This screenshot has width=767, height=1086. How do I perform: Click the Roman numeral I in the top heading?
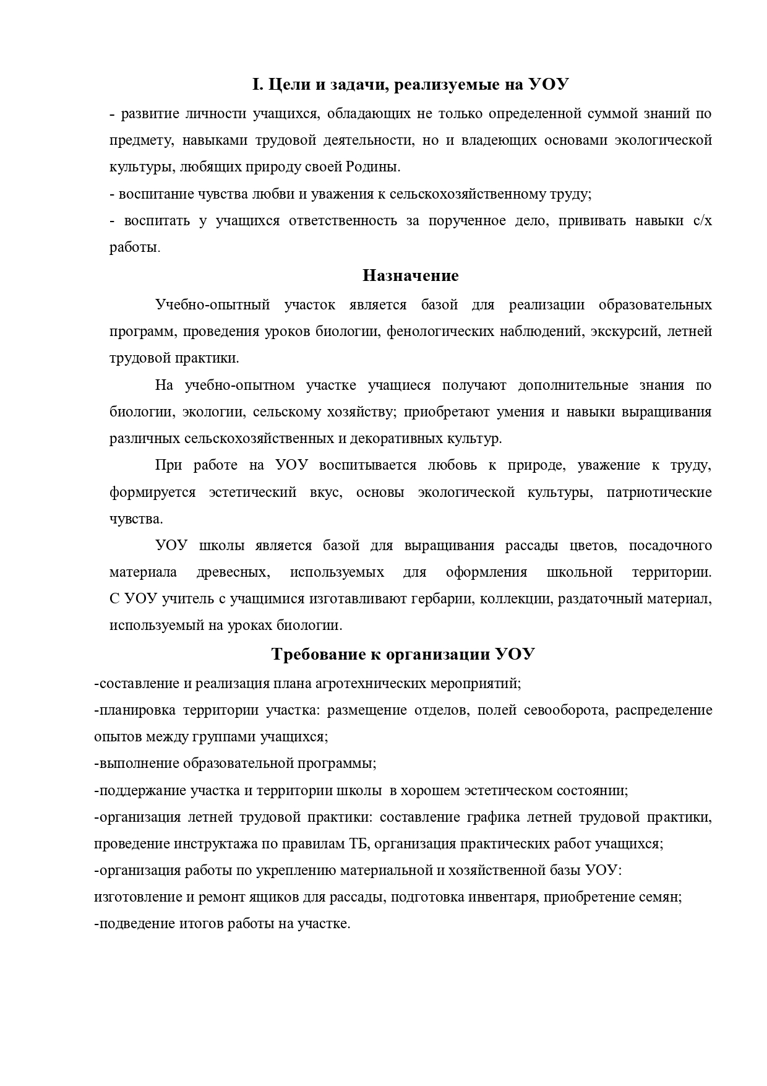255,85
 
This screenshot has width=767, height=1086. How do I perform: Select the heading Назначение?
410,275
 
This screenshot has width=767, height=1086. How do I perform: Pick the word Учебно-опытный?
213,305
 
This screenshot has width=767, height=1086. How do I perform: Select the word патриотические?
659,493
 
